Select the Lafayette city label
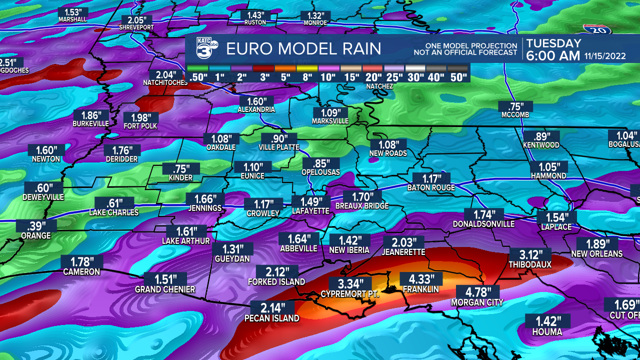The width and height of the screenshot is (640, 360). [x=310, y=211]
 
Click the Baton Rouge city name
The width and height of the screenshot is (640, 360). [x=431, y=188]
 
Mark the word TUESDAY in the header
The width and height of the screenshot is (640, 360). [x=553, y=43]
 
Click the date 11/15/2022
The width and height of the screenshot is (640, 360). [x=604, y=56]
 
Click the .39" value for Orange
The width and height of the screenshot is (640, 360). [x=36, y=226]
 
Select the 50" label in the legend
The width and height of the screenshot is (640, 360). [x=458, y=77]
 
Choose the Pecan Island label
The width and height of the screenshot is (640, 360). [x=272, y=318]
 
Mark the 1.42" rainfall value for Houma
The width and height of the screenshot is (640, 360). [x=546, y=321]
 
